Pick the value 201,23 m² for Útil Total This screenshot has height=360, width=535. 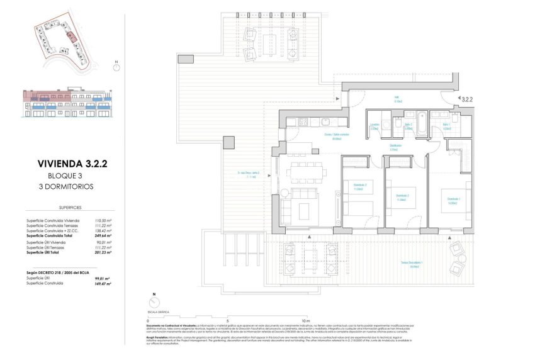tap(103, 252)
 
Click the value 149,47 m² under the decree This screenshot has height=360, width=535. tap(103, 284)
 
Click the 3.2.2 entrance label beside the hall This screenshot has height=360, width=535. tap(466, 99)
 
